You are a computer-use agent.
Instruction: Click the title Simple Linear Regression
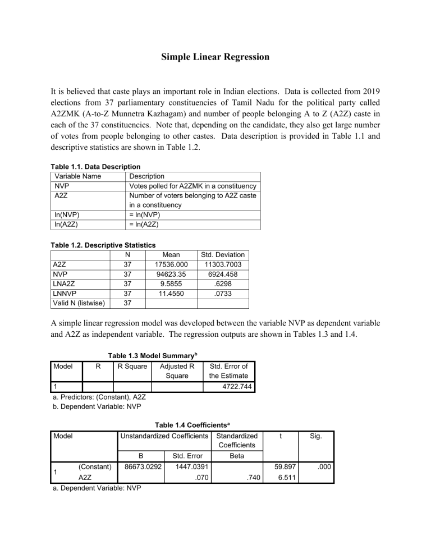215,57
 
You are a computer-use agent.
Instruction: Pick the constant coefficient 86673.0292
139,466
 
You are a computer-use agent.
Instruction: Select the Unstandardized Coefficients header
164,435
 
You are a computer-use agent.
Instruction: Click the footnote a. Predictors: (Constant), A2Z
99,397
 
